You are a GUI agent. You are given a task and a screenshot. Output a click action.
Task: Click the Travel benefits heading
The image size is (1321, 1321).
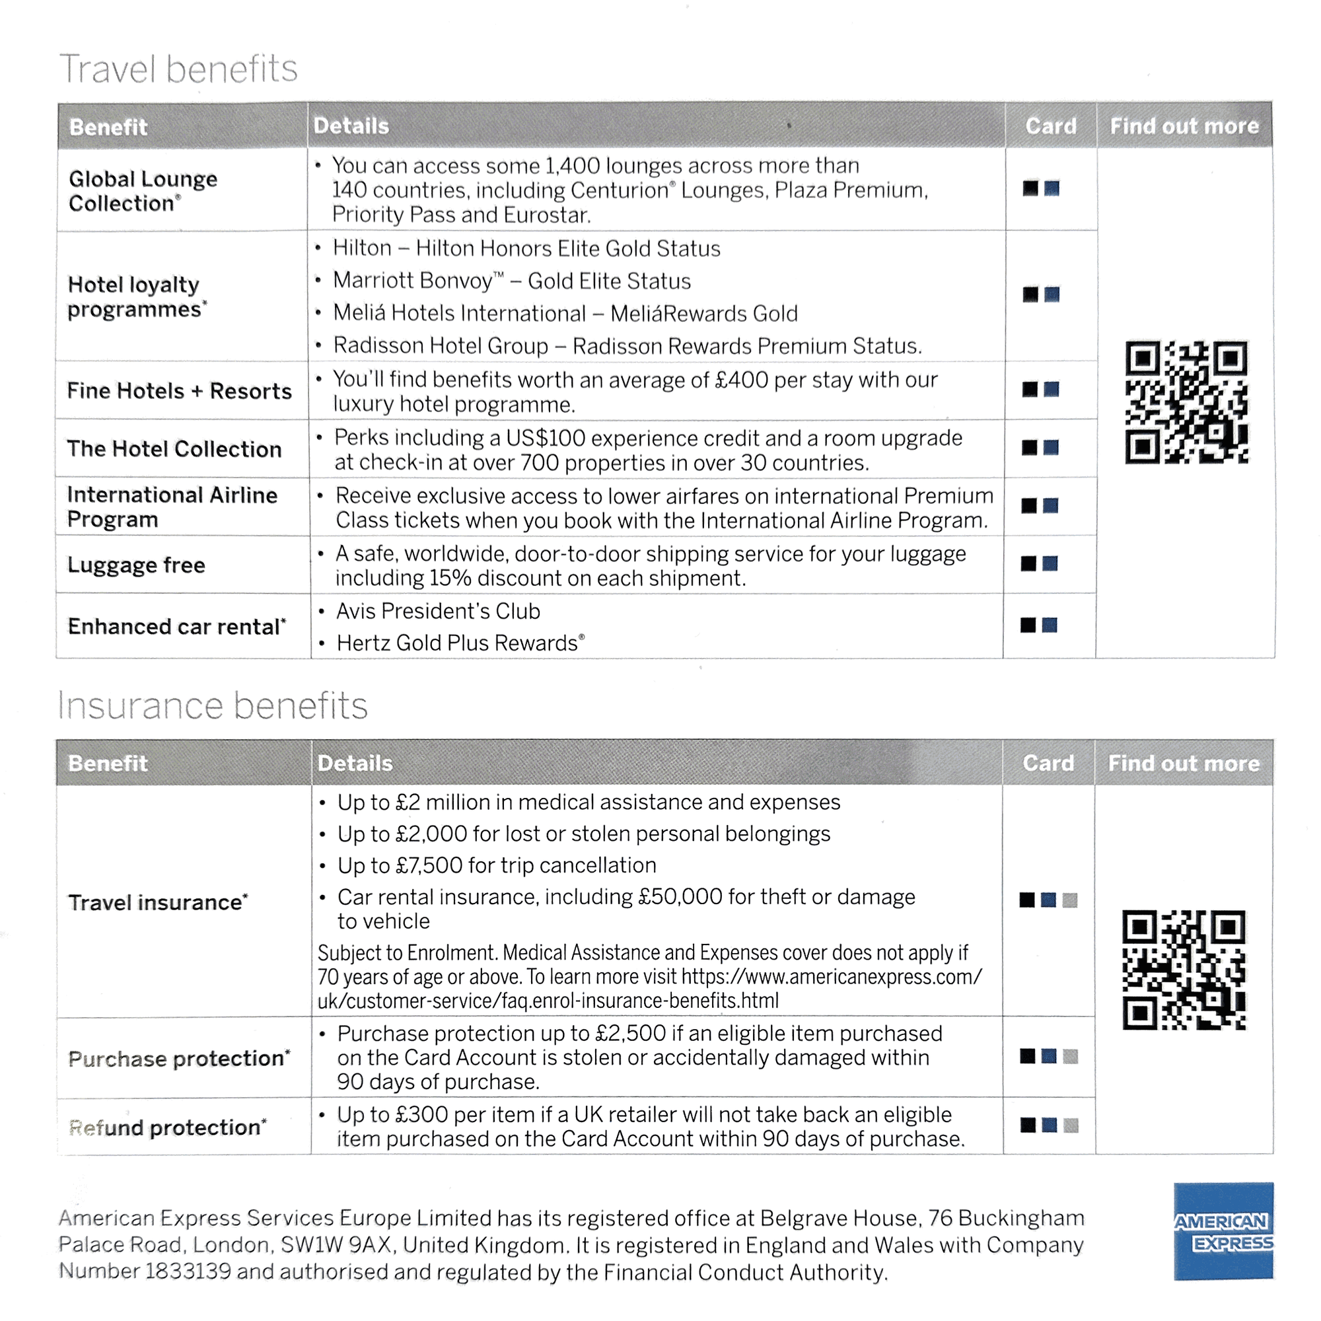(x=178, y=69)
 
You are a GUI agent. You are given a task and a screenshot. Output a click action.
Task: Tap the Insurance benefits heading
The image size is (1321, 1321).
(x=213, y=705)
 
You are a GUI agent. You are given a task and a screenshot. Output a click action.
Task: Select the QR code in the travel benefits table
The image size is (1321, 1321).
(x=1186, y=402)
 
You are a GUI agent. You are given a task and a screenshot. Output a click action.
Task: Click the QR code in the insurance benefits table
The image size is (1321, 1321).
(x=1184, y=970)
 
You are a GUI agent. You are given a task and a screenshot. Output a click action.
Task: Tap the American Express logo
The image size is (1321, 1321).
(x=1223, y=1231)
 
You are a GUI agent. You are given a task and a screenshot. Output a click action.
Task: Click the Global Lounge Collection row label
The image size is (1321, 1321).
(x=143, y=191)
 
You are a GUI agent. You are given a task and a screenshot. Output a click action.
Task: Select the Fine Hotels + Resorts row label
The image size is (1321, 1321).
(x=179, y=391)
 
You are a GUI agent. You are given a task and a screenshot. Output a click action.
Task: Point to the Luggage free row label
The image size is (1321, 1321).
(x=136, y=565)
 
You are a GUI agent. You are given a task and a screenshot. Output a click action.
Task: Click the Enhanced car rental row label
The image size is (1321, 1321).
(x=176, y=627)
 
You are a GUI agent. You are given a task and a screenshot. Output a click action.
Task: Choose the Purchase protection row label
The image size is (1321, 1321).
(x=179, y=1058)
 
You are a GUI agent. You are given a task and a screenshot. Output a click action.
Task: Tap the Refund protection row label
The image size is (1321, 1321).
(x=168, y=1127)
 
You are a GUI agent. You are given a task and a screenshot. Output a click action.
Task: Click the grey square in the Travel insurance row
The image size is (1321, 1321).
(x=1070, y=900)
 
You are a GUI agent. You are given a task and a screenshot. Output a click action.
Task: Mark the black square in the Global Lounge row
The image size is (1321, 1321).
(x=1030, y=188)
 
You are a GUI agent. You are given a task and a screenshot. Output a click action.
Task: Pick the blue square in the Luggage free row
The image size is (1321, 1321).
(x=1050, y=563)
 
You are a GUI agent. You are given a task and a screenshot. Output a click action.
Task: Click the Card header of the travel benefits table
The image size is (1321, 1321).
(x=1051, y=127)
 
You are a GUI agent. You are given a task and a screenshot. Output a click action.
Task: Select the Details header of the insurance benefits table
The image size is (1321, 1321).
(x=355, y=763)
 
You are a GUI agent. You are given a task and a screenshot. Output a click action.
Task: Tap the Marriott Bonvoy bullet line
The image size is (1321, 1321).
(x=511, y=281)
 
